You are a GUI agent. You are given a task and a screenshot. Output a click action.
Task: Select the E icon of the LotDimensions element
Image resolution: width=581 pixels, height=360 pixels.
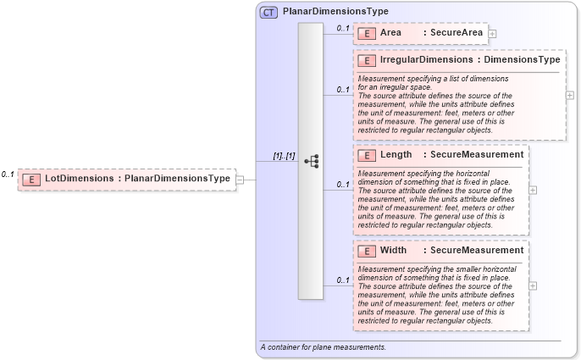point(31,179)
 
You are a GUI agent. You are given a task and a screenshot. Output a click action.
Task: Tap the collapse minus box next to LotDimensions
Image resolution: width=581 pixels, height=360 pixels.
point(241,179)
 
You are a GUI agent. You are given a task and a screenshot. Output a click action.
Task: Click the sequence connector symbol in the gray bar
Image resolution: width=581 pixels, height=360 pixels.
point(311,161)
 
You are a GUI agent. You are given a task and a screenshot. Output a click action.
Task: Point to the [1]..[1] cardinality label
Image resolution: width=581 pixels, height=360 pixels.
point(283,156)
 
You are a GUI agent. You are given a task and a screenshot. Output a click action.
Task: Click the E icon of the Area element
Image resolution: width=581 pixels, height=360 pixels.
point(367,33)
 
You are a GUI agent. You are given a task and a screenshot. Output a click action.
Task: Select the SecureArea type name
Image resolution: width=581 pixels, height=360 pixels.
point(456,33)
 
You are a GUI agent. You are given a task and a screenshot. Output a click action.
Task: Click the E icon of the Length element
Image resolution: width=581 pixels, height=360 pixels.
point(367,155)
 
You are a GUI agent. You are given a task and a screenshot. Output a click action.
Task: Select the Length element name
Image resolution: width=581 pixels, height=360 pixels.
point(396,155)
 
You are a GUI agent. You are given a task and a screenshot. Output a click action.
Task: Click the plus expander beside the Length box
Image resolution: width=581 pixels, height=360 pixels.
point(533,190)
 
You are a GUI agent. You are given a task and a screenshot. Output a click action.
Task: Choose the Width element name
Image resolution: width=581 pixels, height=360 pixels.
point(394,251)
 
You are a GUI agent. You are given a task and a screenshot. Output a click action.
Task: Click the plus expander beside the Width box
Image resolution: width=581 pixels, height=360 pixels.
point(533,285)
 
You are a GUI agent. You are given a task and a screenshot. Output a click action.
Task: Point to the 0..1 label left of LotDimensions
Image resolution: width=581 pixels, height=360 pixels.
point(8,174)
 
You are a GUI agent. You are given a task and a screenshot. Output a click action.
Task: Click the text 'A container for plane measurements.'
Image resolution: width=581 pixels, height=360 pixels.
point(324,347)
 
